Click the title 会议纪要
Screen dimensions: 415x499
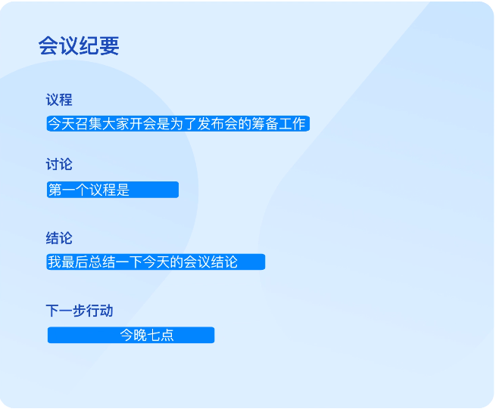coord(79,46)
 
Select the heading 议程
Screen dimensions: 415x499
coord(59,100)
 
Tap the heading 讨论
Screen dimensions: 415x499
coord(59,164)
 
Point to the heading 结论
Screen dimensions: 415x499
coord(59,238)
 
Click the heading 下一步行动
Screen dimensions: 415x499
coord(80,311)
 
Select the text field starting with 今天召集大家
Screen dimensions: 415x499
coord(178,124)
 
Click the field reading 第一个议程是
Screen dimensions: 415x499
coord(112,190)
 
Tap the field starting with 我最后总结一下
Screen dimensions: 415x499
coord(155,262)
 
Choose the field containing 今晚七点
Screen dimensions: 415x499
coord(131,335)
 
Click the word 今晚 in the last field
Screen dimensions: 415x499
coord(133,335)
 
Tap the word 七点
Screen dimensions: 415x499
coord(161,335)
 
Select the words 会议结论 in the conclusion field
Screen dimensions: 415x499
coord(211,262)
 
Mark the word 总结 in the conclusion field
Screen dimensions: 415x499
coord(101,262)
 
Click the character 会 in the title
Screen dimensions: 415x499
coord(48,46)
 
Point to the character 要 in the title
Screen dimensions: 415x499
coord(109,46)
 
